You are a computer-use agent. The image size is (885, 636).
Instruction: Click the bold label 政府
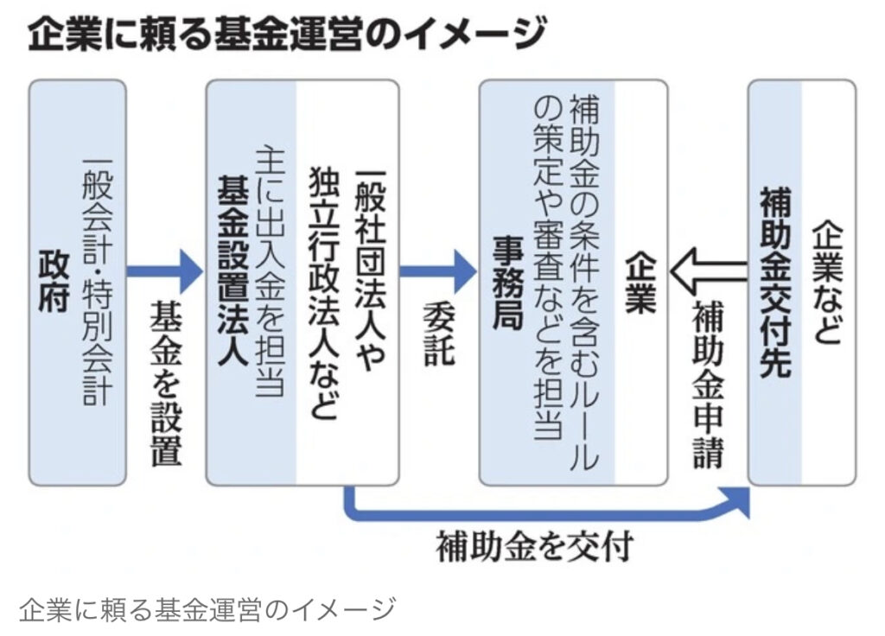pos(53,282)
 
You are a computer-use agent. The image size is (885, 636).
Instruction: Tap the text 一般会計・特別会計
pos(98,282)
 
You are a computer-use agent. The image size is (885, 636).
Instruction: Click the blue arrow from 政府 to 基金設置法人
pos(164,271)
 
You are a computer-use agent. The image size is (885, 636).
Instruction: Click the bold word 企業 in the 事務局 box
pos(640,282)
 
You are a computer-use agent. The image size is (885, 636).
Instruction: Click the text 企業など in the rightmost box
pos(826,282)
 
